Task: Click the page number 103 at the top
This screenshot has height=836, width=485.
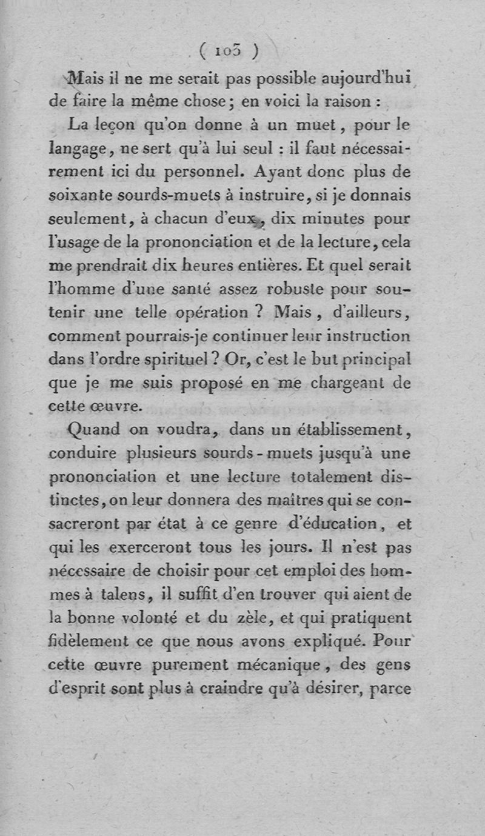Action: point(229,51)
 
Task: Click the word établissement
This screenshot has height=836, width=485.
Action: point(353,430)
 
